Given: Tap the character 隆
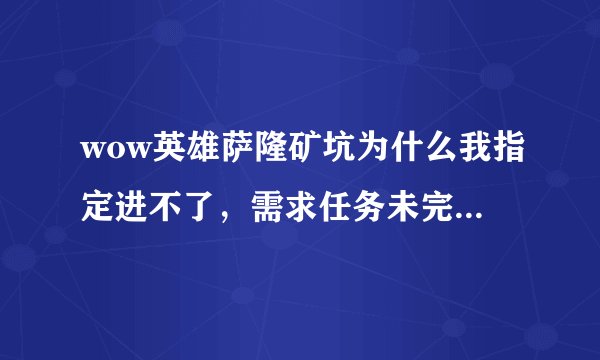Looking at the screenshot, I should click(x=259, y=151).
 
